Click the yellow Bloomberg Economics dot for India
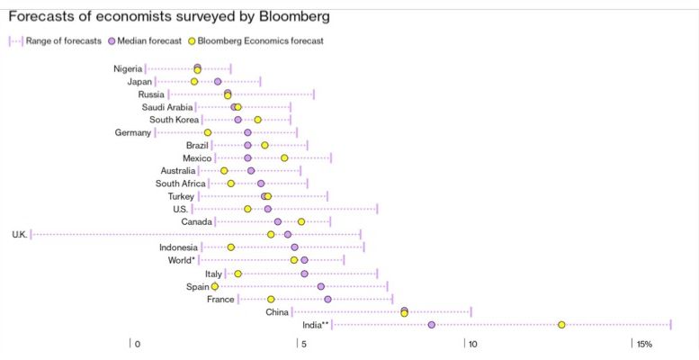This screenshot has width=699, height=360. pos(561,325)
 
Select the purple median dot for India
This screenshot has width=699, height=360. pos(432,325)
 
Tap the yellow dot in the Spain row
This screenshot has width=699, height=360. pos(215,286)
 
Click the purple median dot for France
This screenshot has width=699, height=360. pos(327,299)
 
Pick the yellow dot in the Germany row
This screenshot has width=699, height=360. pos(208,133)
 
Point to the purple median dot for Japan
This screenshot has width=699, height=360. pos(218,82)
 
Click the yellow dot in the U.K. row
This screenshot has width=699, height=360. pos(271,235)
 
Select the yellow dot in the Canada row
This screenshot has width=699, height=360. pos(301,221)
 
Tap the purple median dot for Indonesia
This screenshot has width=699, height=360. pos(294,247)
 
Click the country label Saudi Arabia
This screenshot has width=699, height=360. pos(167,107)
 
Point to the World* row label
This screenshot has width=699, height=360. pos(181,260)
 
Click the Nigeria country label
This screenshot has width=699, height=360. pos(127,69)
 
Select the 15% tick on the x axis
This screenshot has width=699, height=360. pos(644,344)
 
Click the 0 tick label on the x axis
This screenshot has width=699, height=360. pos(137,344)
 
